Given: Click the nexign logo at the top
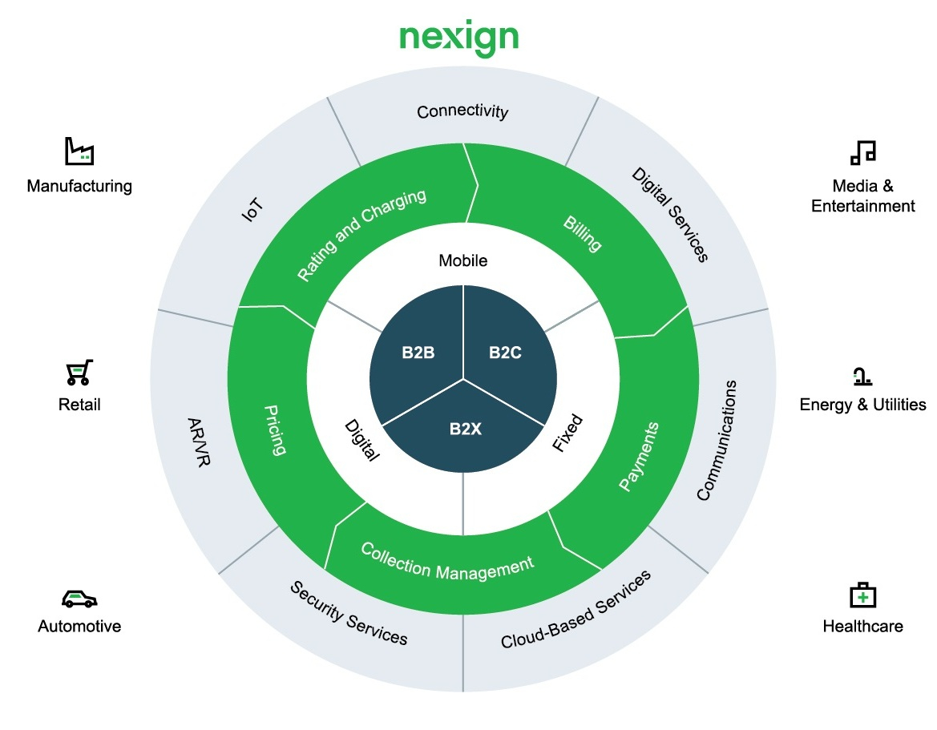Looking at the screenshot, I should coord(459,37).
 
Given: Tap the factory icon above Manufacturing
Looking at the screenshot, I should coord(79,151).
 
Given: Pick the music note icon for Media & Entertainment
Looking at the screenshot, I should coord(862,152).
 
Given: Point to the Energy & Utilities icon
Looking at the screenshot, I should coord(862,376).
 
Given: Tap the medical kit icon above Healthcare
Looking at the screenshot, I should coord(862,595).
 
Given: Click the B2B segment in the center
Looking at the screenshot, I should coord(418,352).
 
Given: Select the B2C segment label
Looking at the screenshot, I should coord(505,352).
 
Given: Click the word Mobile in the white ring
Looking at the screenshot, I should coord(462,260).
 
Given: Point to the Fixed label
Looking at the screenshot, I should coord(568,434).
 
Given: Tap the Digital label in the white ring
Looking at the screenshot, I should coord(361,439).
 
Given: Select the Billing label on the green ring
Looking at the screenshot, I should coord(583,233).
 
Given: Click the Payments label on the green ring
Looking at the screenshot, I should coord(640,456).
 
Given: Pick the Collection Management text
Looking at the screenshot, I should coord(446,561).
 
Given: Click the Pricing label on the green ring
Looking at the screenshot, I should coord(275,430).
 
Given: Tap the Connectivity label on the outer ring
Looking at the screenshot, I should coord(462,111).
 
